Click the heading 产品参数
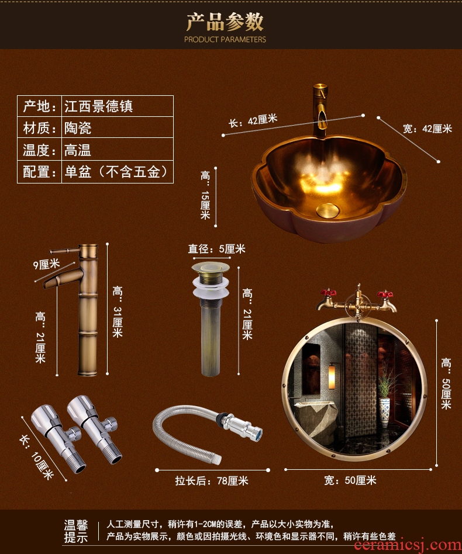click(225, 22)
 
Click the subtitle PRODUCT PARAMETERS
click(225, 39)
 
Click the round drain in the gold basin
click(327, 210)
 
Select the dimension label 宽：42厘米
click(427, 129)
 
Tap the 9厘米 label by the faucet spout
click(47, 264)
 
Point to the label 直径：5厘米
click(216, 249)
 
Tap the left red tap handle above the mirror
click(327, 293)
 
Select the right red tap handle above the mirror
click(385, 294)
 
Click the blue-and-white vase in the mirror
click(384, 409)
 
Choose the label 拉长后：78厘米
click(212, 481)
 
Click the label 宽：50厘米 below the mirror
click(350, 480)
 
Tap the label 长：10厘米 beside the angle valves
click(37, 457)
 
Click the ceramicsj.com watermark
click(407, 545)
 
